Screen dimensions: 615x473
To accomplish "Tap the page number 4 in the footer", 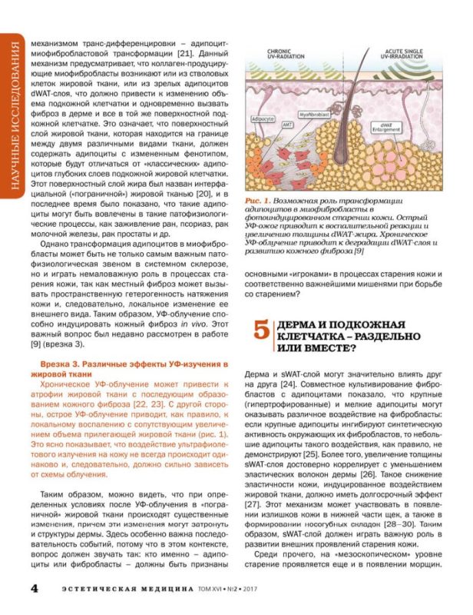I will click(34, 588).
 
